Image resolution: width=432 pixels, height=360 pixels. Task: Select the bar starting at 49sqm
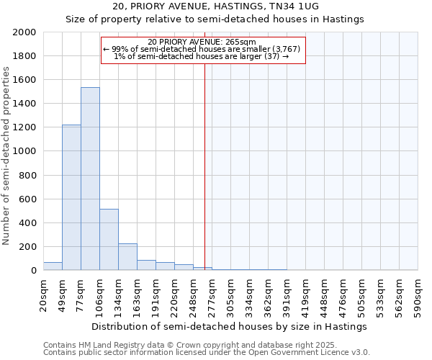point(71,197)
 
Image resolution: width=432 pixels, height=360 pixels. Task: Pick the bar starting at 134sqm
point(127,256)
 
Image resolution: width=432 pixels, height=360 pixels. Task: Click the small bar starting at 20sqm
point(53,266)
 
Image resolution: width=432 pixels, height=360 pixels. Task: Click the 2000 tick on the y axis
point(26,32)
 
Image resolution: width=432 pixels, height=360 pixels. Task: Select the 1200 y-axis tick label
point(26,127)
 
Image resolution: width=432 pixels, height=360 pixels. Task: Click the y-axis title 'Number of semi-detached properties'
point(6,156)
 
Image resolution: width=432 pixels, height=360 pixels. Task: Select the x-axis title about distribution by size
point(230,326)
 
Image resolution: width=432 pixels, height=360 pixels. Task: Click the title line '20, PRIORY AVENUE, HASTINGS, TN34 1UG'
point(215,6)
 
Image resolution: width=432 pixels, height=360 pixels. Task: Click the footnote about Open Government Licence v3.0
point(207,352)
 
